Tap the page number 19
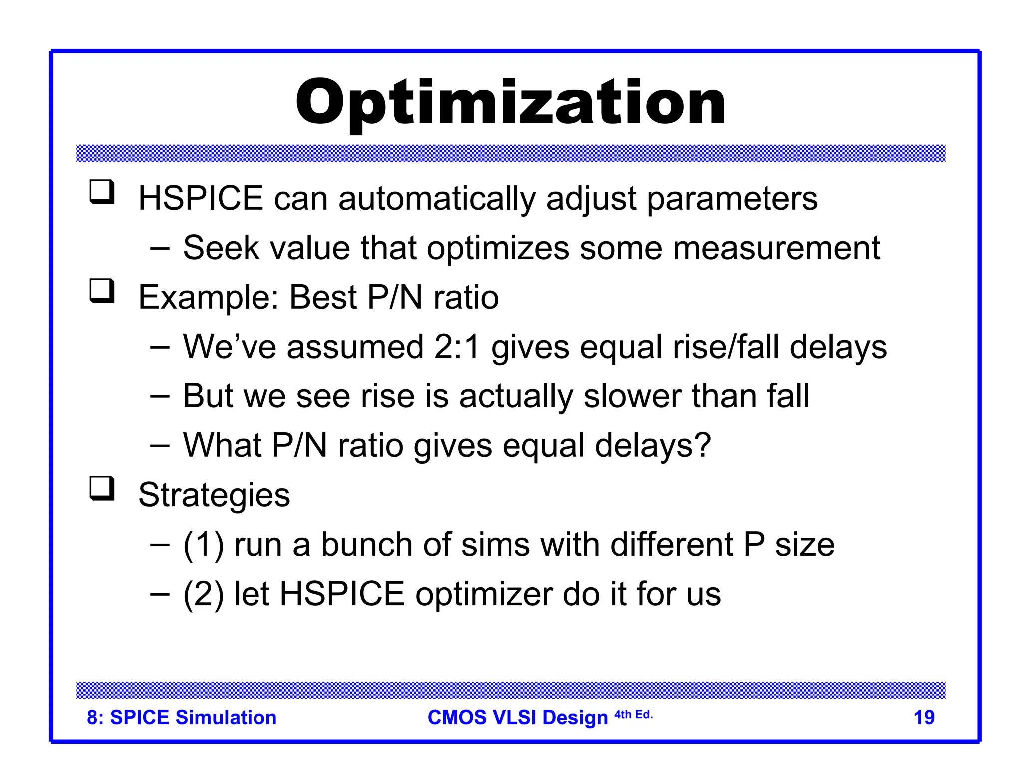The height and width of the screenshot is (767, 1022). point(923,717)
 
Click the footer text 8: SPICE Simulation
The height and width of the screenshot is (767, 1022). point(182,717)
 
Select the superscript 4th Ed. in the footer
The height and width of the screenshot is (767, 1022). point(633,715)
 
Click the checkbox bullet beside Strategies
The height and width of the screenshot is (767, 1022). point(102,488)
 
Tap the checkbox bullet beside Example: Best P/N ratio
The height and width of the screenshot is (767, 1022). point(102,291)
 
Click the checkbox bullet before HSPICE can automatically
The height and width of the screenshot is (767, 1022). point(102,192)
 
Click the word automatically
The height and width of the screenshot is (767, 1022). point(437,199)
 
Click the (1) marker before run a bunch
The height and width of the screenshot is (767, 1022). point(203,544)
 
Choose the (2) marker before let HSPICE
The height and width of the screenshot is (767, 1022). point(203,594)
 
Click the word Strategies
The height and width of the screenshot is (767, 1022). point(214,495)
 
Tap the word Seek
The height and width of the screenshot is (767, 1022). point(221,248)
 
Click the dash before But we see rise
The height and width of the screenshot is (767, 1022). point(160,396)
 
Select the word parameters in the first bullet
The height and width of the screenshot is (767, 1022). point(732,199)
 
